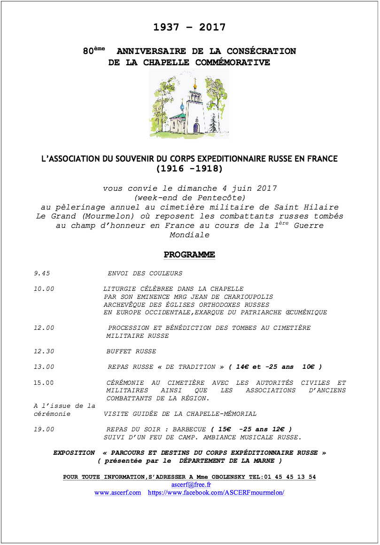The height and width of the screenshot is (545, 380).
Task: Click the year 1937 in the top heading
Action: (166, 27)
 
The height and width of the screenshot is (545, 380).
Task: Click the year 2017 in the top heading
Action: (212, 27)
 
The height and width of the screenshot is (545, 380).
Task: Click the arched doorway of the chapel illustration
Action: (196, 127)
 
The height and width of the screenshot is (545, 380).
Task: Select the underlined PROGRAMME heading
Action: (189, 255)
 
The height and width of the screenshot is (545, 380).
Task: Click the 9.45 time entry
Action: (42, 273)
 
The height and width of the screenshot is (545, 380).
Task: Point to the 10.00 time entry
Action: (44, 289)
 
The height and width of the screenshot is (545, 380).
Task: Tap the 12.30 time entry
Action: (44, 351)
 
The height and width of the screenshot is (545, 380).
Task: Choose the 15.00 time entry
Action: (44, 382)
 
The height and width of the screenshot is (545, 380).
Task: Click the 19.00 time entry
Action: (44, 429)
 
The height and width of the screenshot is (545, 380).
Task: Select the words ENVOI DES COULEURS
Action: (145, 273)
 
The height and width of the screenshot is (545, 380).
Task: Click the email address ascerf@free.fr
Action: (191, 484)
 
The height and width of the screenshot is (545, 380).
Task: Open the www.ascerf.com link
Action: (117, 492)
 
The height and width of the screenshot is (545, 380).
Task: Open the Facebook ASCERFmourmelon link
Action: (216, 492)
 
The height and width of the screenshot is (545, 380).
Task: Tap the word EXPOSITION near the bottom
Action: (74, 452)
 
